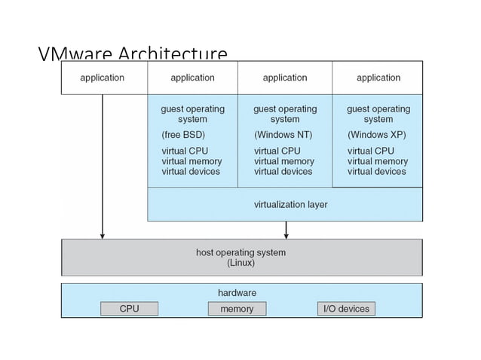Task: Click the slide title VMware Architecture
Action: [132, 54]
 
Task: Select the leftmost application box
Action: [103, 78]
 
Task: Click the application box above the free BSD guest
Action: [192, 78]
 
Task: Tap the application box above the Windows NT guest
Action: [284, 78]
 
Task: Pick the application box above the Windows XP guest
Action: [378, 78]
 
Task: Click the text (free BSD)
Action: [183, 136]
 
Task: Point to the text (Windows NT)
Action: [283, 136]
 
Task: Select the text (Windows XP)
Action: [376, 136]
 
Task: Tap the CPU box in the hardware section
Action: [129, 309]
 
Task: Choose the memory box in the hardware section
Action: [236, 309]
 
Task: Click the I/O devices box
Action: [346, 309]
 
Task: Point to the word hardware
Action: [237, 292]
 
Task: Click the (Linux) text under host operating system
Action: [240, 264]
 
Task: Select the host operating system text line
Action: [240, 252]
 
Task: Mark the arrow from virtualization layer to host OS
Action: [285, 230]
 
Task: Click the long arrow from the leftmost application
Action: [103, 166]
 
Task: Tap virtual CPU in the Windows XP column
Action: [370, 151]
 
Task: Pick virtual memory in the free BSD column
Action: [191, 161]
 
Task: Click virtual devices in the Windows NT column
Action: [283, 172]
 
